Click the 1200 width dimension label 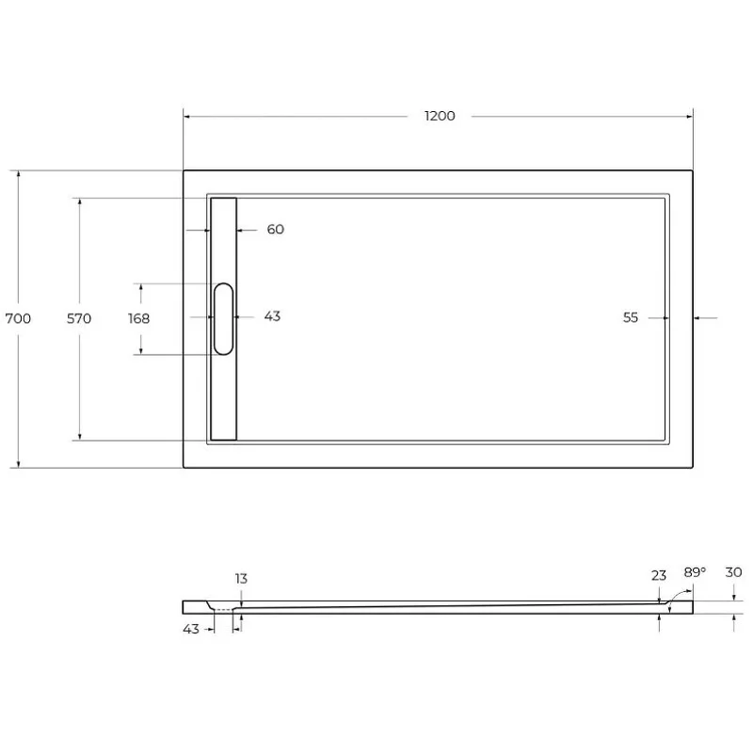click(440, 116)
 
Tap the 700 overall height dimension click(19, 318)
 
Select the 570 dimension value click(79, 318)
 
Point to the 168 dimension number click(138, 318)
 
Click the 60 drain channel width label click(275, 230)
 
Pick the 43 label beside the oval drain click(272, 316)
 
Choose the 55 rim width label click(631, 318)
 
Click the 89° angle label click(695, 572)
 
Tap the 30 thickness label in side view click(734, 572)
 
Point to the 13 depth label click(242, 579)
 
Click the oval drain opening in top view click(224, 318)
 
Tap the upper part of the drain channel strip click(224, 235)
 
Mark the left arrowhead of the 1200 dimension click(187, 116)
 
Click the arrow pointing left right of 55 click(698, 318)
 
